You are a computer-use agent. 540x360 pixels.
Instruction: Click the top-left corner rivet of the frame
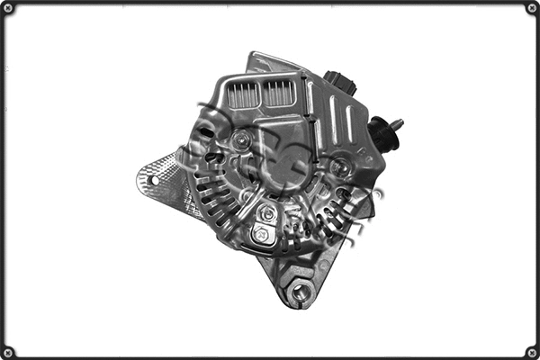click(x=8, y=8)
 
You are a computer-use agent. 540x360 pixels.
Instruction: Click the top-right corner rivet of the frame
click(x=532, y=8)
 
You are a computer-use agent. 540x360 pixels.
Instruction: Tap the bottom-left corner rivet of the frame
click(x=8, y=352)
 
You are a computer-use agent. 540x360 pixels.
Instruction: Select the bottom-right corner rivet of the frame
click(x=532, y=352)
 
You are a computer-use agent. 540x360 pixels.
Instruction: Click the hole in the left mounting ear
click(x=155, y=180)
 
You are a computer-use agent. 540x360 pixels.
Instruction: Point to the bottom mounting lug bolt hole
click(x=300, y=291)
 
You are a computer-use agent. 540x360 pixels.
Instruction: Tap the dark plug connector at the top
click(x=341, y=84)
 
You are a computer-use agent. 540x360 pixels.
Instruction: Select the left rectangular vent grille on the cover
click(x=243, y=94)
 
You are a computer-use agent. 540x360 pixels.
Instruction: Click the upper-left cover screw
click(x=240, y=140)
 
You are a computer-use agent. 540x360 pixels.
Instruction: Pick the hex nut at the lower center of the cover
click(x=267, y=213)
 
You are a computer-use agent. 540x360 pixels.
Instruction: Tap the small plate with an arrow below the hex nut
click(x=262, y=233)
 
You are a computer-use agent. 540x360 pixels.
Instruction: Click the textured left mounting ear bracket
click(x=162, y=184)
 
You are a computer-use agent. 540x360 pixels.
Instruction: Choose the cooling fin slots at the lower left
click(x=216, y=202)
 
